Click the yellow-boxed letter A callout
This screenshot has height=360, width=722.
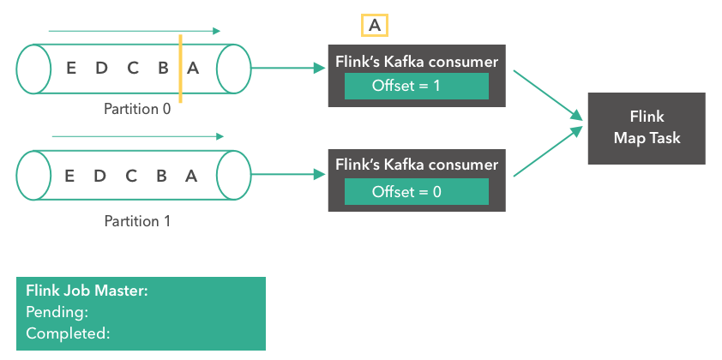click(x=374, y=26)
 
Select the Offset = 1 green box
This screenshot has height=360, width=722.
click(x=416, y=86)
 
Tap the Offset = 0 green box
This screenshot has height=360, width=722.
click(x=416, y=191)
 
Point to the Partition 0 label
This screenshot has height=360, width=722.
click(x=137, y=110)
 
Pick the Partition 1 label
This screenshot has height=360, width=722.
click(x=137, y=221)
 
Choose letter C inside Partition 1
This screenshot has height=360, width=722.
click(x=131, y=176)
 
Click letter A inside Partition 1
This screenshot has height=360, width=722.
click(x=191, y=176)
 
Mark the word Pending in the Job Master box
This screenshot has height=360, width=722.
click(x=57, y=312)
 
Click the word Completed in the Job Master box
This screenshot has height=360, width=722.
click(x=68, y=333)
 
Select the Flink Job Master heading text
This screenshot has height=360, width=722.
click(x=87, y=291)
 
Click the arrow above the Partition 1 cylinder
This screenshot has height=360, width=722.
click(x=137, y=136)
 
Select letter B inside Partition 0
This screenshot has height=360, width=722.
click(x=162, y=69)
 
